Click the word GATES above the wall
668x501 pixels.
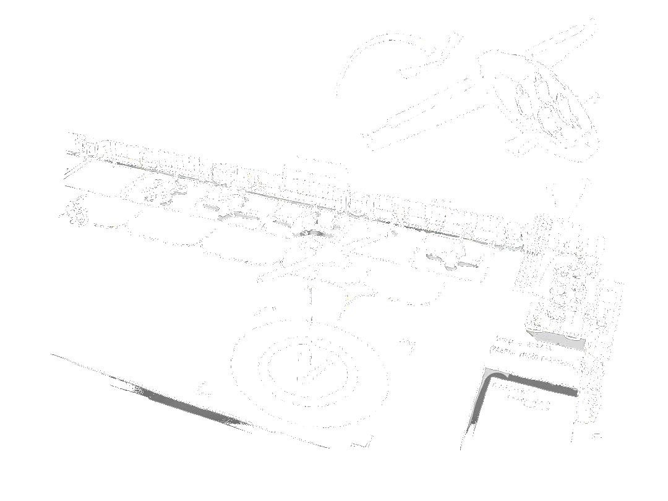click(x=439, y=202)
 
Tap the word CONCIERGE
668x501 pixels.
click(x=515, y=388)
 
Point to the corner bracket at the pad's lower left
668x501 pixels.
click(x=202, y=389)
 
